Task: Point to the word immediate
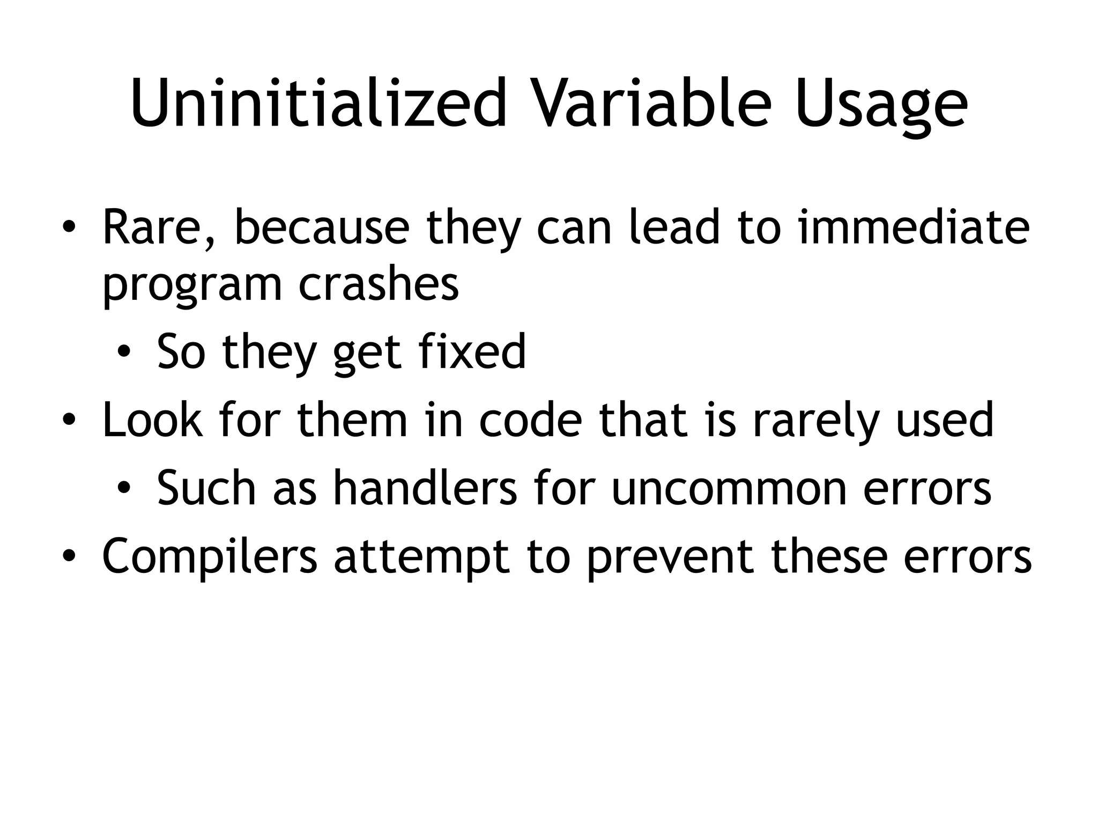(x=914, y=227)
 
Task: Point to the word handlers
(x=425, y=488)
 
